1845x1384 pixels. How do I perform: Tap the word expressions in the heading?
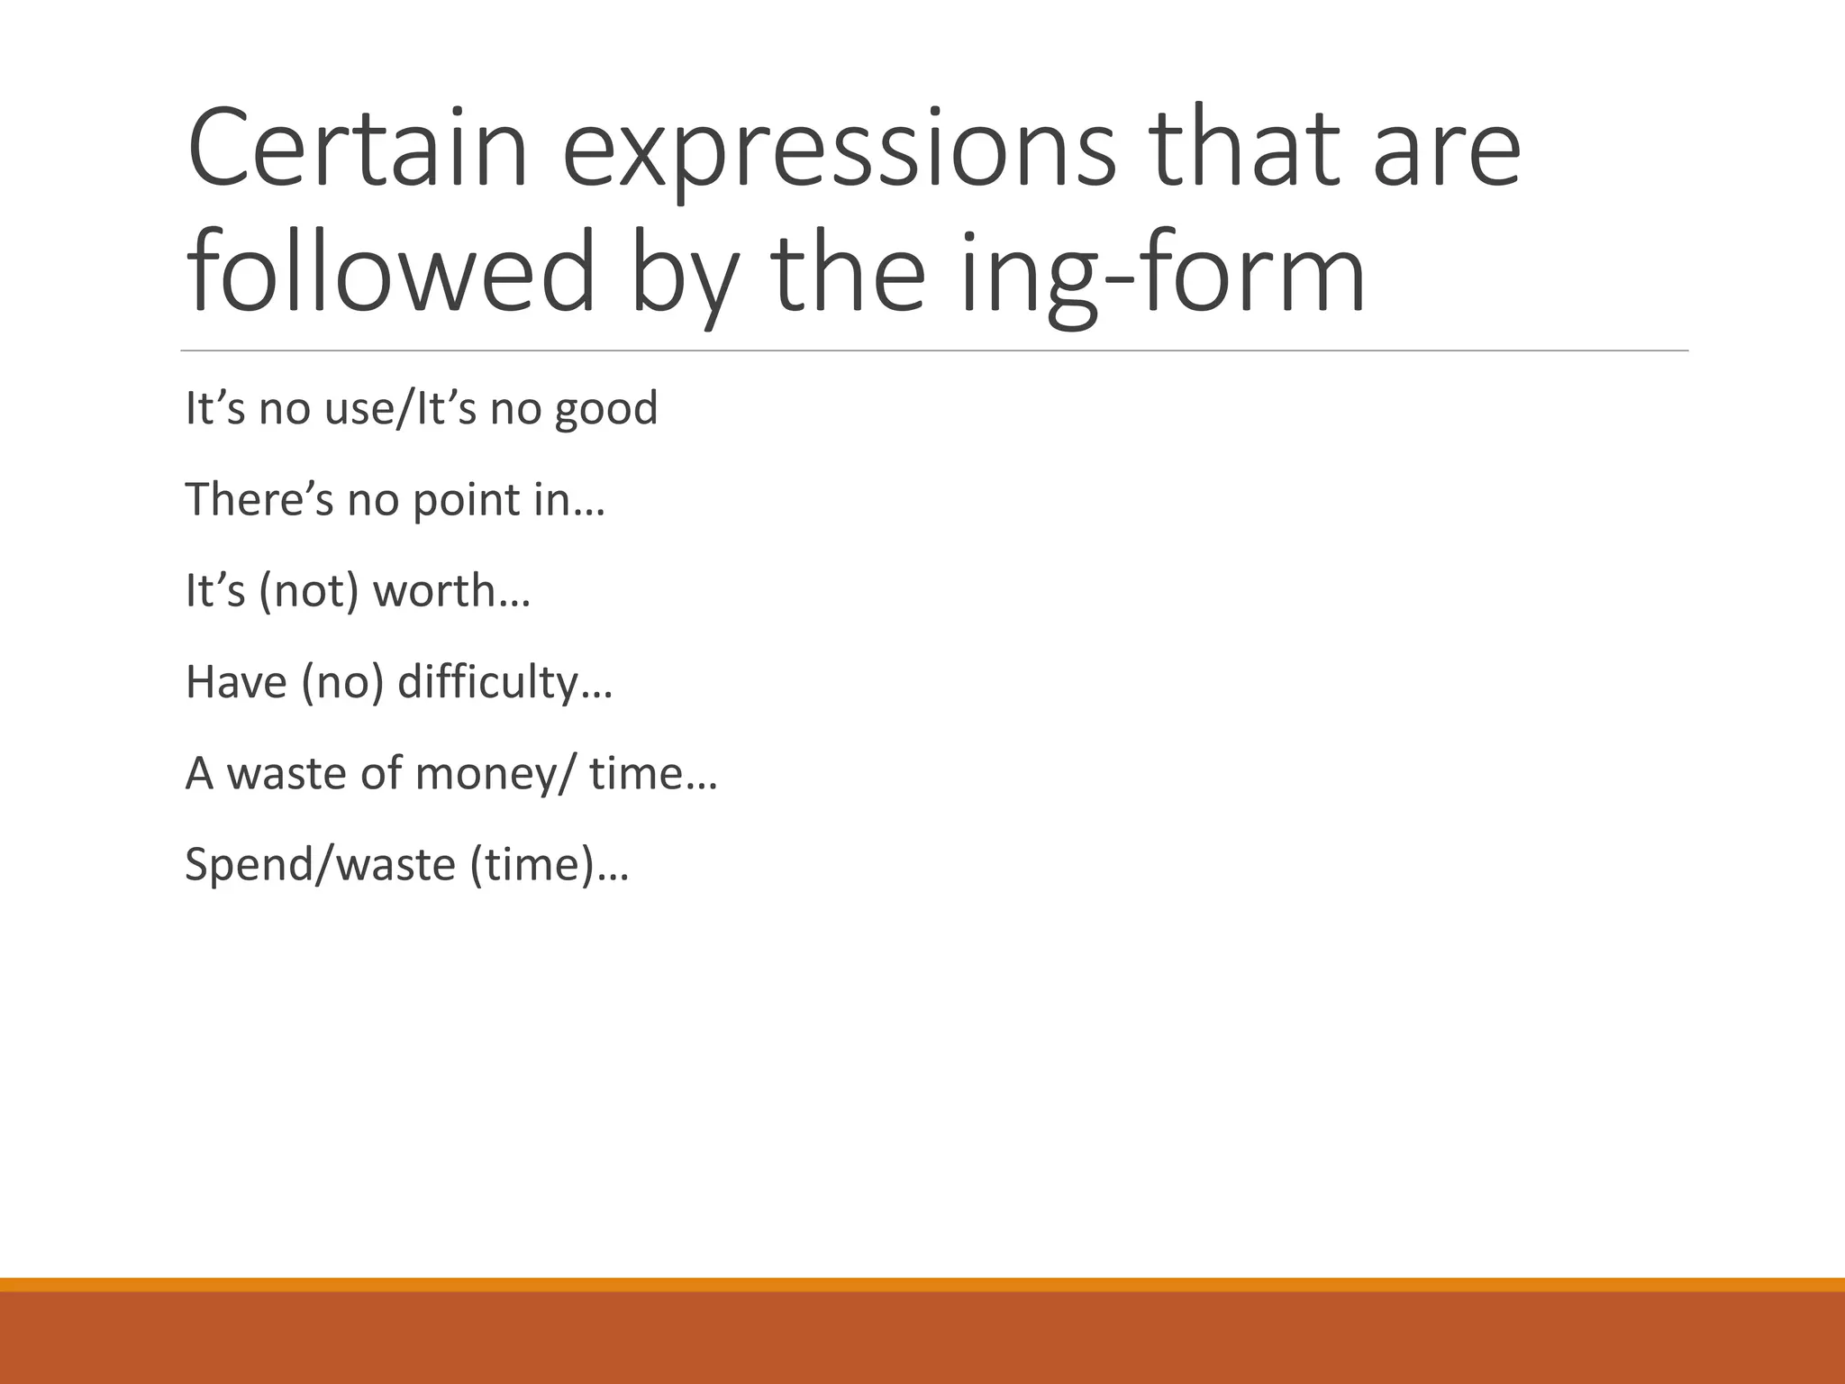(839, 153)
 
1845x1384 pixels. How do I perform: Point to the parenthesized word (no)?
(343, 683)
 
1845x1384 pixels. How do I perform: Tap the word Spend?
(244, 866)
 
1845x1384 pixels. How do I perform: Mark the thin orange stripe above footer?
(922, 1284)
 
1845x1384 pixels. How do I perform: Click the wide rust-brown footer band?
(922, 1339)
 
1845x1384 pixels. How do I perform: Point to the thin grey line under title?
(934, 351)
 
